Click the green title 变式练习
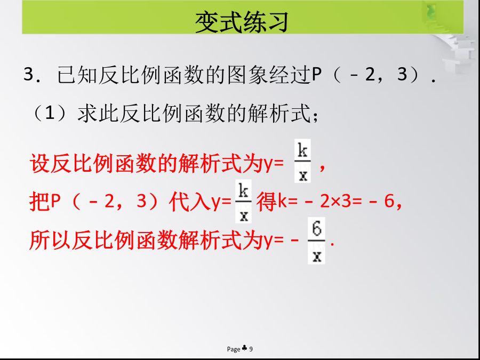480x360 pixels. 242,22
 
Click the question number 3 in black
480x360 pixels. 28,74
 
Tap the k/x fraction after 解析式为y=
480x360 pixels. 302,161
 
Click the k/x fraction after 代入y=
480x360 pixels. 243,201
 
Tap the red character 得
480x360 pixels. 267,202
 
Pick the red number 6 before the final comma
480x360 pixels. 389,202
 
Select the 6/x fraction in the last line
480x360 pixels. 316,241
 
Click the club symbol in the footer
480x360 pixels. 245,348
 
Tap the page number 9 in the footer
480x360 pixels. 251,349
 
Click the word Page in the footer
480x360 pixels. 234,349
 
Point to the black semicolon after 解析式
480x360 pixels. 316,116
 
